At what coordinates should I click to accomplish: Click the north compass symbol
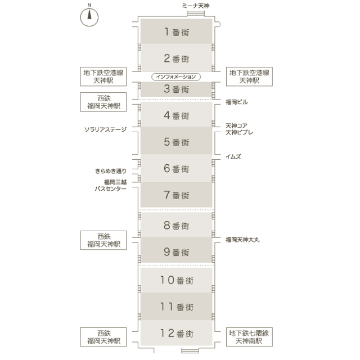(89, 15)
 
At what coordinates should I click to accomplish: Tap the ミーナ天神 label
(196, 5)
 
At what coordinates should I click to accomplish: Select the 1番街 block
(176, 31)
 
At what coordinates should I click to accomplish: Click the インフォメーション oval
(175, 76)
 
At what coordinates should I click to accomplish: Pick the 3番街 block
(176, 89)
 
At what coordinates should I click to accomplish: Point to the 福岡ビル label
(236, 102)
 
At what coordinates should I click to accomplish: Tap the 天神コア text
(236, 125)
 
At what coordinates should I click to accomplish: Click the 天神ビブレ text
(239, 132)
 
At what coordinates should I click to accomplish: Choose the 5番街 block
(176, 142)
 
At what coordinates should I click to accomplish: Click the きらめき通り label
(111, 170)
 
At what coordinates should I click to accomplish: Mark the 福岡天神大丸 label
(242, 240)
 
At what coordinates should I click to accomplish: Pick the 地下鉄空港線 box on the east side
(249, 76)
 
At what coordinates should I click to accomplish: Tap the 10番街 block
(176, 280)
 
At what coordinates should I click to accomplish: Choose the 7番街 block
(176, 196)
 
